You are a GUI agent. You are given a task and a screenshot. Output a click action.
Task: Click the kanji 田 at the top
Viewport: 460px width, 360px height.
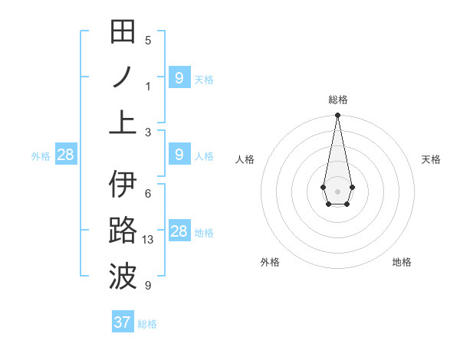pyautogui.click(x=123, y=32)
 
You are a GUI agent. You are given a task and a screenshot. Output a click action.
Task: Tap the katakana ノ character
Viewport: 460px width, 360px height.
pyautogui.click(x=123, y=77)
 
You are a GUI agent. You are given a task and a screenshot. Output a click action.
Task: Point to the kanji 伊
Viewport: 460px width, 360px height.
pyautogui.click(x=123, y=185)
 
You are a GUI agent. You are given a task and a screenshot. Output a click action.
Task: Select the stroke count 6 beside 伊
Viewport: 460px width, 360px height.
pyautogui.click(x=148, y=194)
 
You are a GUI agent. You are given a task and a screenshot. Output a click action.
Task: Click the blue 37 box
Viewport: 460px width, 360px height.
pyautogui.click(x=123, y=322)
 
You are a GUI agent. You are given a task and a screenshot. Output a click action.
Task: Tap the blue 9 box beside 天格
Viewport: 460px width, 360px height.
pyautogui.click(x=179, y=77)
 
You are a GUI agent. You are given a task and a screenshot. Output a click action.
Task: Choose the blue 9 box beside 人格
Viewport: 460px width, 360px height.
pyautogui.click(x=179, y=155)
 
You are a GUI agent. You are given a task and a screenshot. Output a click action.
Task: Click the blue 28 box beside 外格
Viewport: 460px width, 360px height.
pyautogui.click(x=66, y=155)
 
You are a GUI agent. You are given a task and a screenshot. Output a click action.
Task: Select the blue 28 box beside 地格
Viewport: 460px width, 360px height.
pyautogui.click(x=179, y=231)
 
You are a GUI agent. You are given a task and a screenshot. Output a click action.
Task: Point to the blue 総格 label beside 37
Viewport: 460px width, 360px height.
pyautogui.click(x=147, y=324)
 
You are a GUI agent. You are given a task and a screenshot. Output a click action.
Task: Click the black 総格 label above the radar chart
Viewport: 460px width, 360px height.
pyautogui.click(x=337, y=100)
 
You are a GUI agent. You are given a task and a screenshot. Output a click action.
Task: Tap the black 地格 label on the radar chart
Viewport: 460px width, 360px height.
pyautogui.click(x=402, y=262)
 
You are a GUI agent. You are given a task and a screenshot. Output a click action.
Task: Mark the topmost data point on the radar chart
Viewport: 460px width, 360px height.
pyautogui.click(x=337, y=116)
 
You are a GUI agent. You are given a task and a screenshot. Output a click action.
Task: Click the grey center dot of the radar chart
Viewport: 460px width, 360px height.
pyautogui.click(x=337, y=190)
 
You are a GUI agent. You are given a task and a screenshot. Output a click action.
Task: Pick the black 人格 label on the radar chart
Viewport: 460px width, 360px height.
pyautogui.click(x=245, y=159)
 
